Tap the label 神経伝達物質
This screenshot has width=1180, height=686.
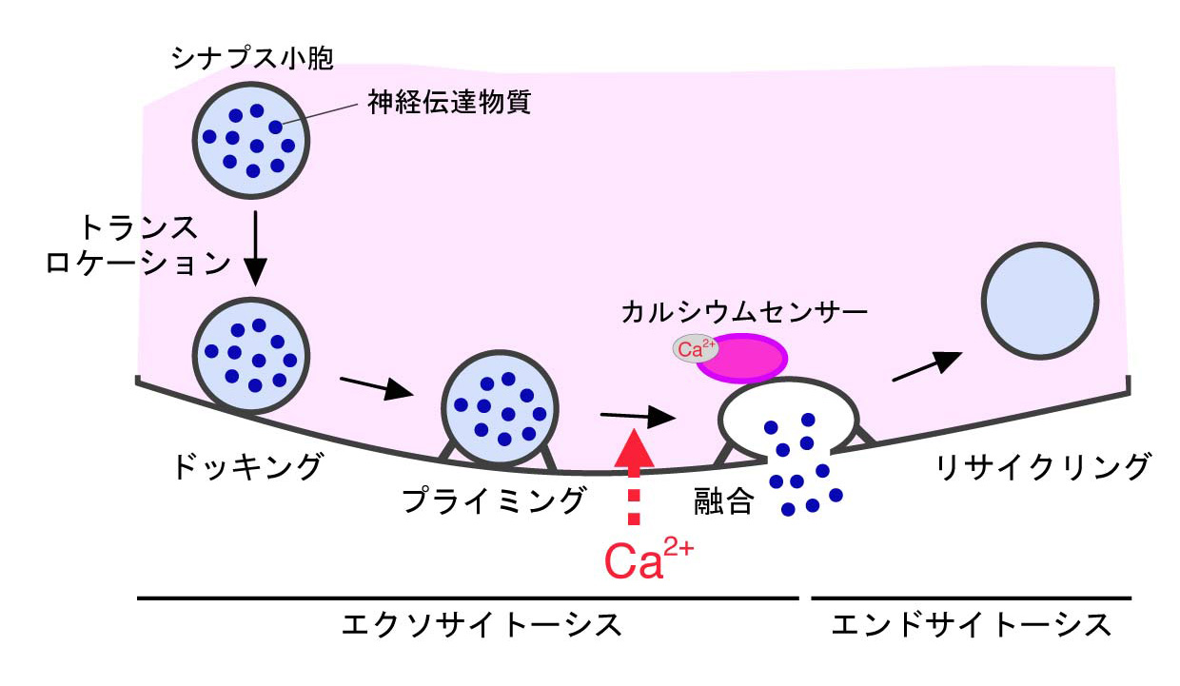(x=450, y=103)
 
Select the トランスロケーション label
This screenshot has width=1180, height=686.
(x=139, y=245)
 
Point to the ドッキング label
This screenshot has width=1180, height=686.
(x=248, y=467)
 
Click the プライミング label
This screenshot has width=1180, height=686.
(x=491, y=499)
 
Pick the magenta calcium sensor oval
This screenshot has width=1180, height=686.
(x=745, y=359)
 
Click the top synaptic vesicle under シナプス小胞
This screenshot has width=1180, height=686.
(x=254, y=139)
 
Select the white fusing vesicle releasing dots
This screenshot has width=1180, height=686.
(x=788, y=419)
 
